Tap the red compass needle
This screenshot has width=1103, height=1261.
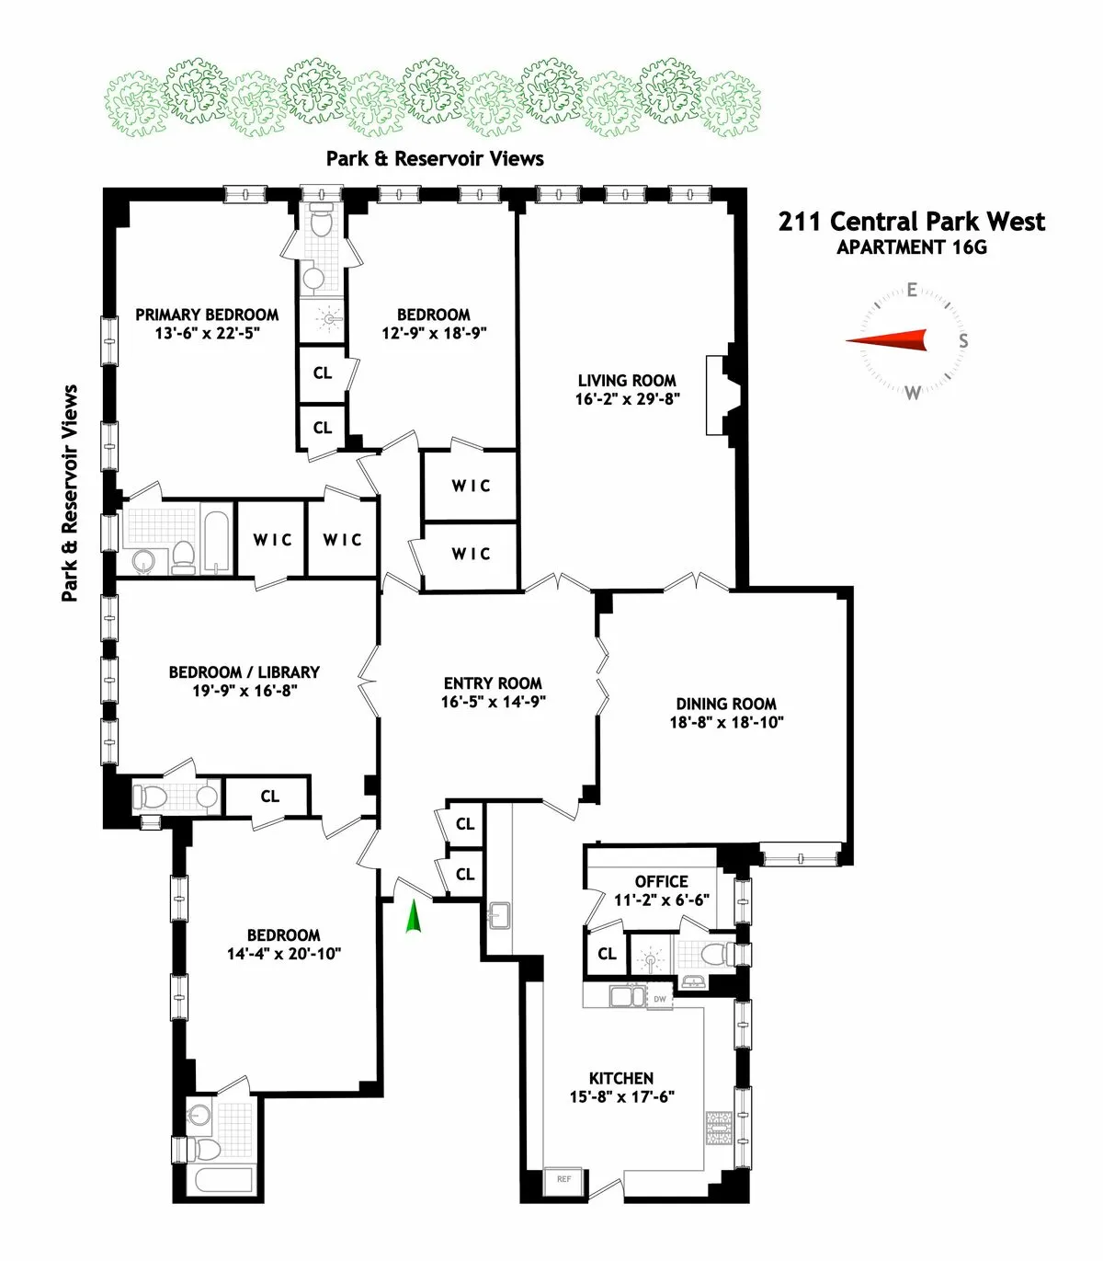click(x=887, y=341)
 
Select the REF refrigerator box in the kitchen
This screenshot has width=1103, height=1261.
click(x=563, y=1179)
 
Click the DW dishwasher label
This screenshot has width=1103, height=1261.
click(x=660, y=999)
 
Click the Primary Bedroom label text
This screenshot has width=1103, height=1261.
click(x=207, y=315)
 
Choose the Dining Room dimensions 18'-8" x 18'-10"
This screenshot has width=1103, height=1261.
click(x=726, y=723)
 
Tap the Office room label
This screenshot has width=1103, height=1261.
click(x=661, y=881)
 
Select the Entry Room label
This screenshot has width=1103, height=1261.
click(x=493, y=683)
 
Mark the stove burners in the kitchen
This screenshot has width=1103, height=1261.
click(x=719, y=1128)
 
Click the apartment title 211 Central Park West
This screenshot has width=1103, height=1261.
click(x=912, y=222)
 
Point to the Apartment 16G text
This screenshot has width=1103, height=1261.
click(x=912, y=247)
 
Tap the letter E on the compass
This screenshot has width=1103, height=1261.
click(x=912, y=291)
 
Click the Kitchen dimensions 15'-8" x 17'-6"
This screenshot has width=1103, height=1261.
click(x=621, y=1097)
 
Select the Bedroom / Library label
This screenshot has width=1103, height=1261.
click(x=244, y=672)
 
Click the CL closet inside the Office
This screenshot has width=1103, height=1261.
click(x=607, y=954)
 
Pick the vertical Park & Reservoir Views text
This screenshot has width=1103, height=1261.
click(x=70, y=493)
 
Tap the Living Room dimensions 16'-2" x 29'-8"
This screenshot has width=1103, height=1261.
click(x=627, y=400)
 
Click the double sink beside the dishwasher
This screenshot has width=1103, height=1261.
click(x=629, y=996)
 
